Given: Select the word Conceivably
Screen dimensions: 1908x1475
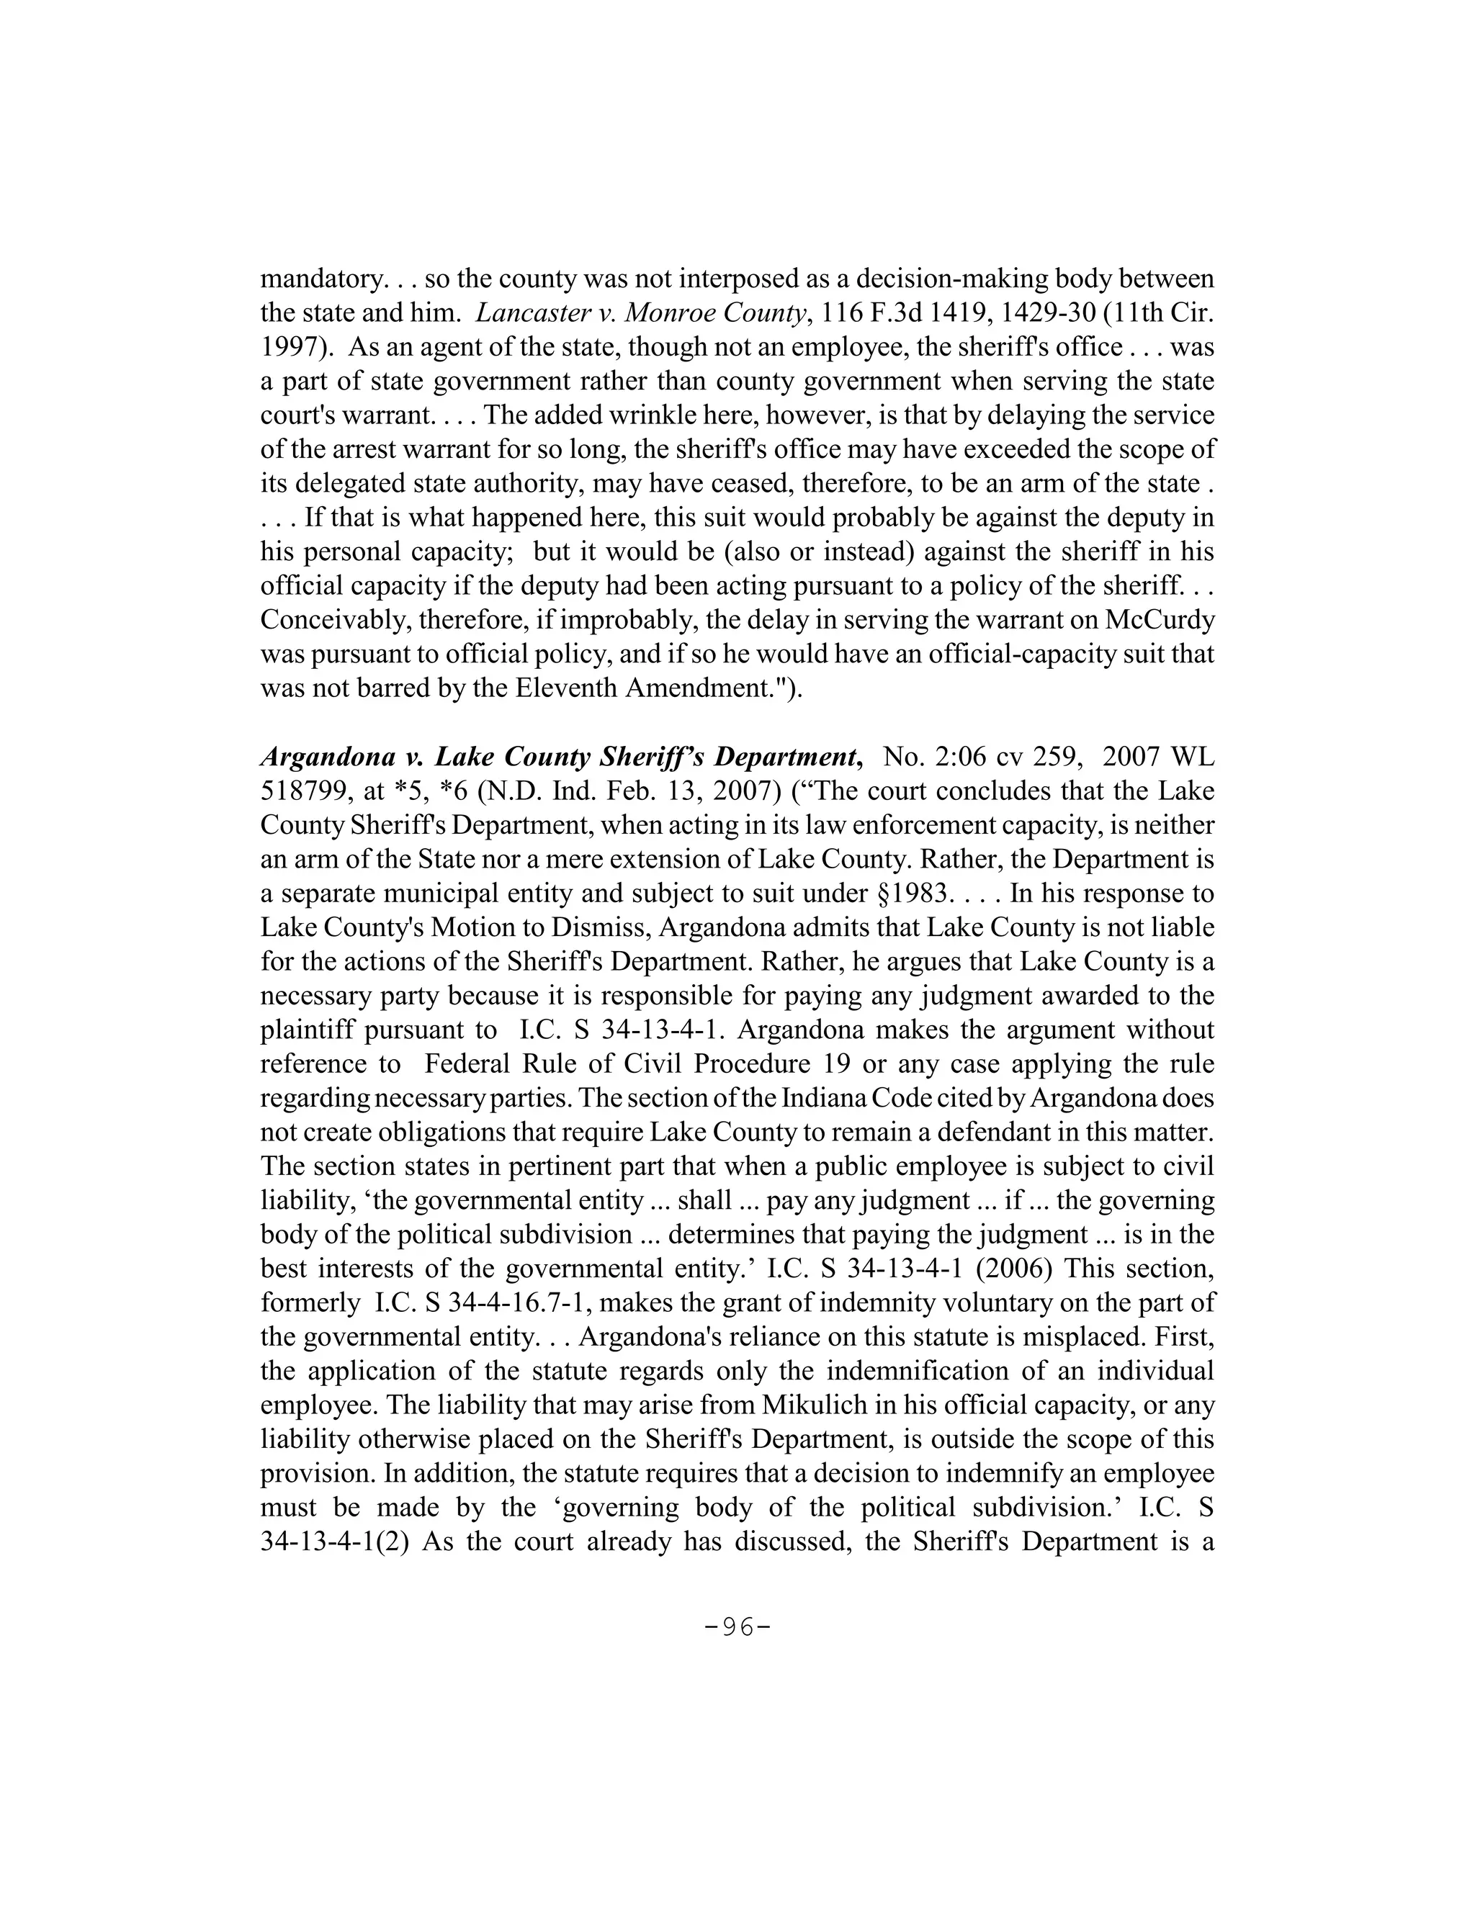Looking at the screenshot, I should [333, 619].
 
